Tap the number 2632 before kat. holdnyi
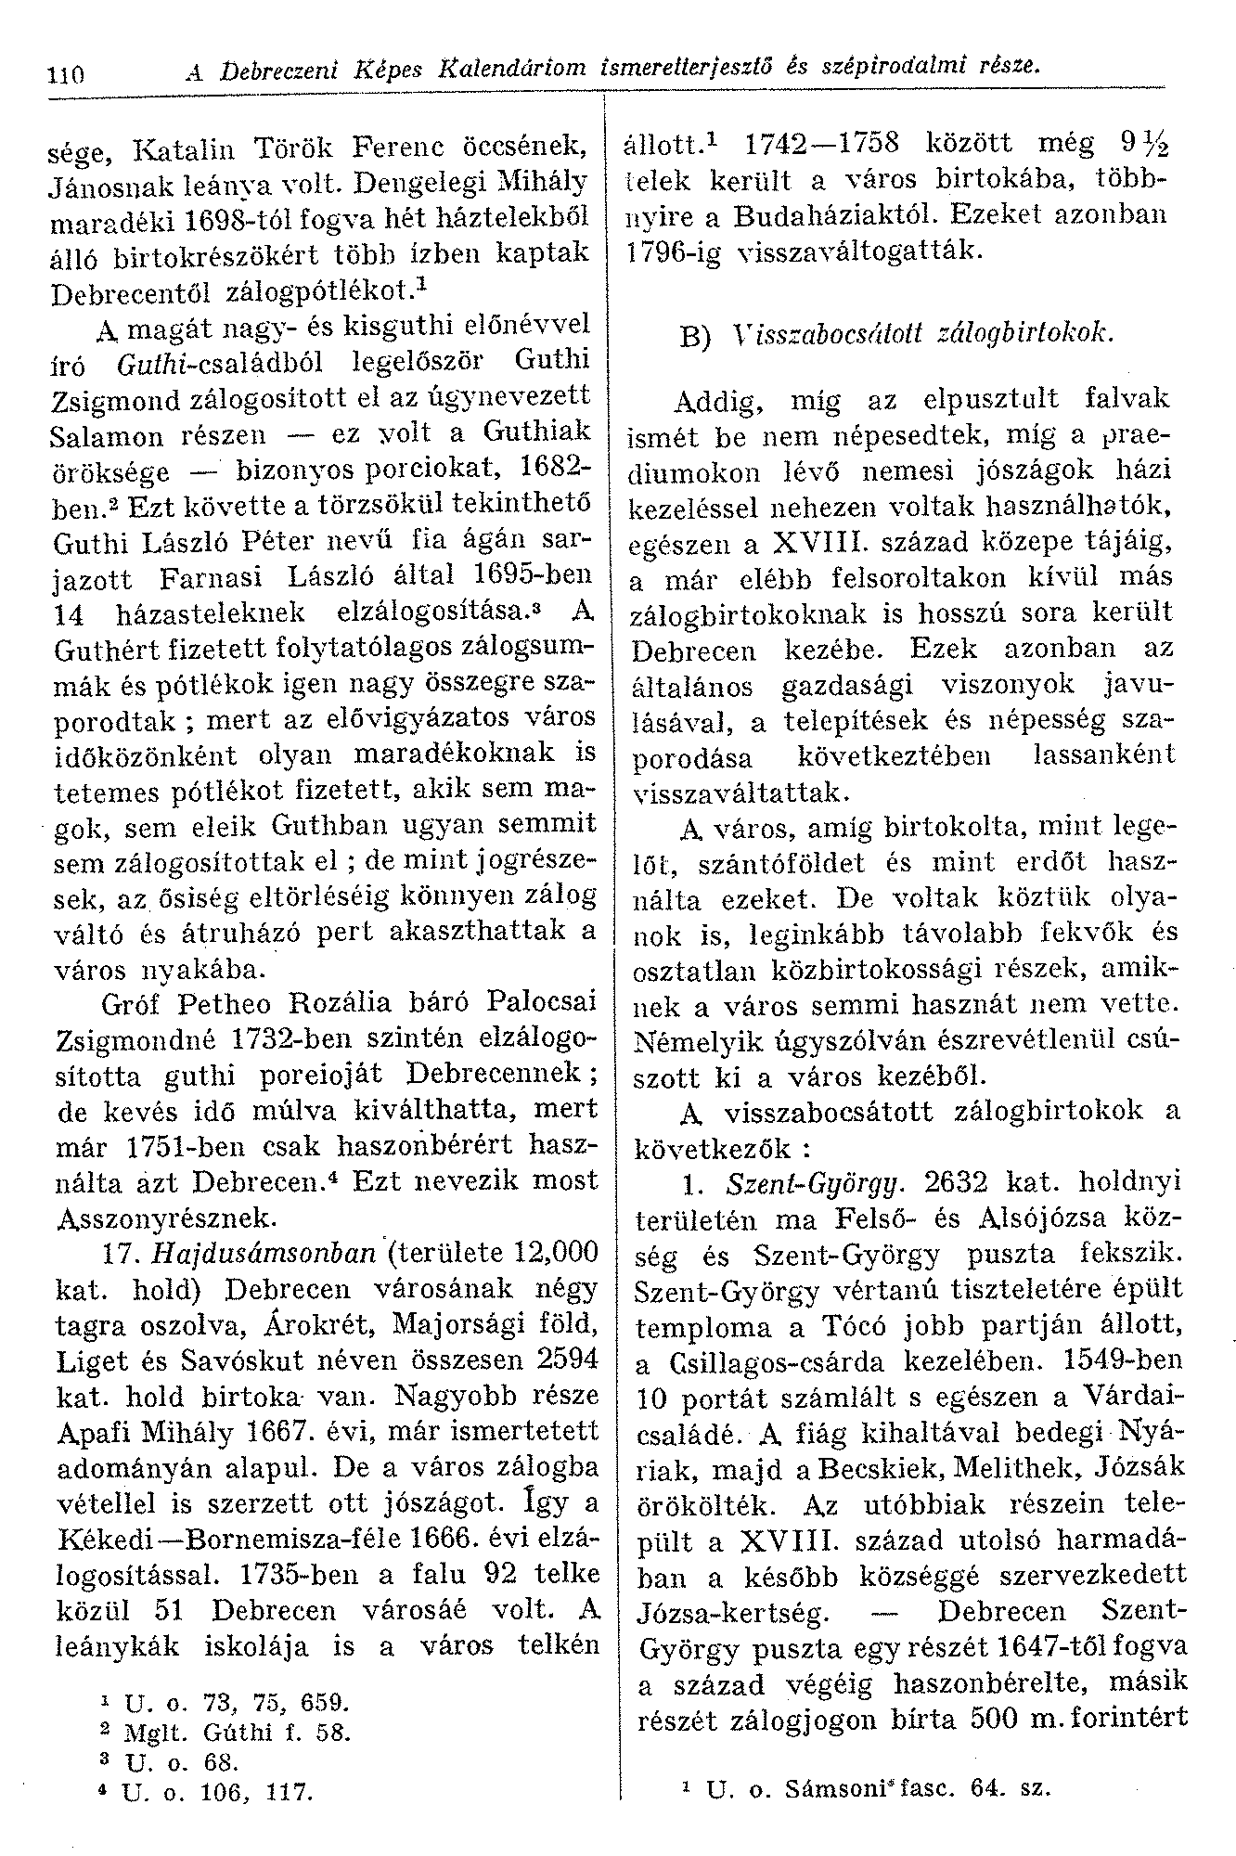pos(959,1183)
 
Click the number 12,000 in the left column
pos(548,1254)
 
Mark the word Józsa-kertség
pos(730,1608)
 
